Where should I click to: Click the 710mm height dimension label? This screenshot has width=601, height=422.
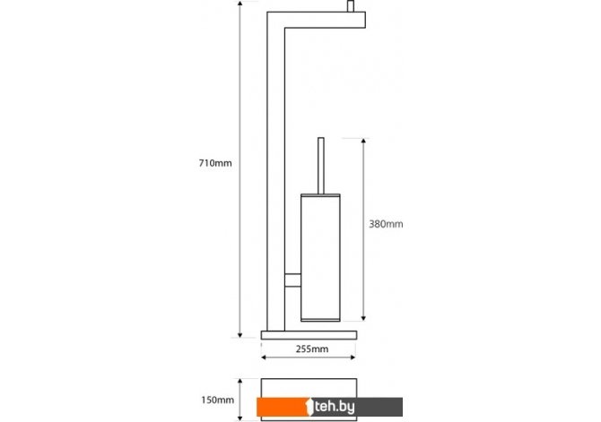tap(215, 163)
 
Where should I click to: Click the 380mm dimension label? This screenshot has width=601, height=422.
tap(386, 224)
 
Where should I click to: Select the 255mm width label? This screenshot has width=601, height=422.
tap(312, 349)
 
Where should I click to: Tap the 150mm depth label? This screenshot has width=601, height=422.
tap(217, 400)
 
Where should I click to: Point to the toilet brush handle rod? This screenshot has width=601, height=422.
tap(321, 166)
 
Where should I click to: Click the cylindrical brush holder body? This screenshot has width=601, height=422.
tap(320, 258)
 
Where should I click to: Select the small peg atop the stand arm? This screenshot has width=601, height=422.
tap(351, 6)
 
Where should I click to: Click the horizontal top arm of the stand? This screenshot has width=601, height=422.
tap(317, 20)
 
